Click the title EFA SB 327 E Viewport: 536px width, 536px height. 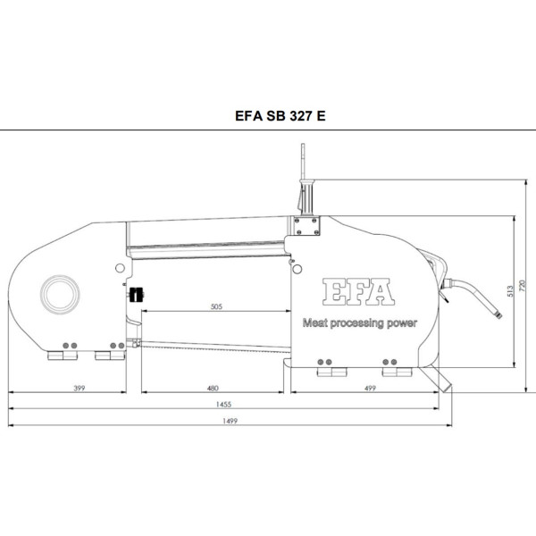(x=280, y=116)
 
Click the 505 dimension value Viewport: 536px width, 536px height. (x=216, y=306)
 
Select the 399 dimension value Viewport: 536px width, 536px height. (x=80, y=389)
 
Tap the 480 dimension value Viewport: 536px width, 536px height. (x=213, y=389)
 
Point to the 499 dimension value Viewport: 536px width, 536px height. (x=370, y=389)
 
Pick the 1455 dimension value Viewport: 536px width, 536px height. (x=223, y=405)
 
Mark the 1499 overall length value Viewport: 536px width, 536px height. (x=230, y=421)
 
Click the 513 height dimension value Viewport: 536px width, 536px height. (x=510, y=291)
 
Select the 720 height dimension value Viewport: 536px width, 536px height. (x=522, y=286)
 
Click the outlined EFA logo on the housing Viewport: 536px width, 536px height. (x=358, y=291)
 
